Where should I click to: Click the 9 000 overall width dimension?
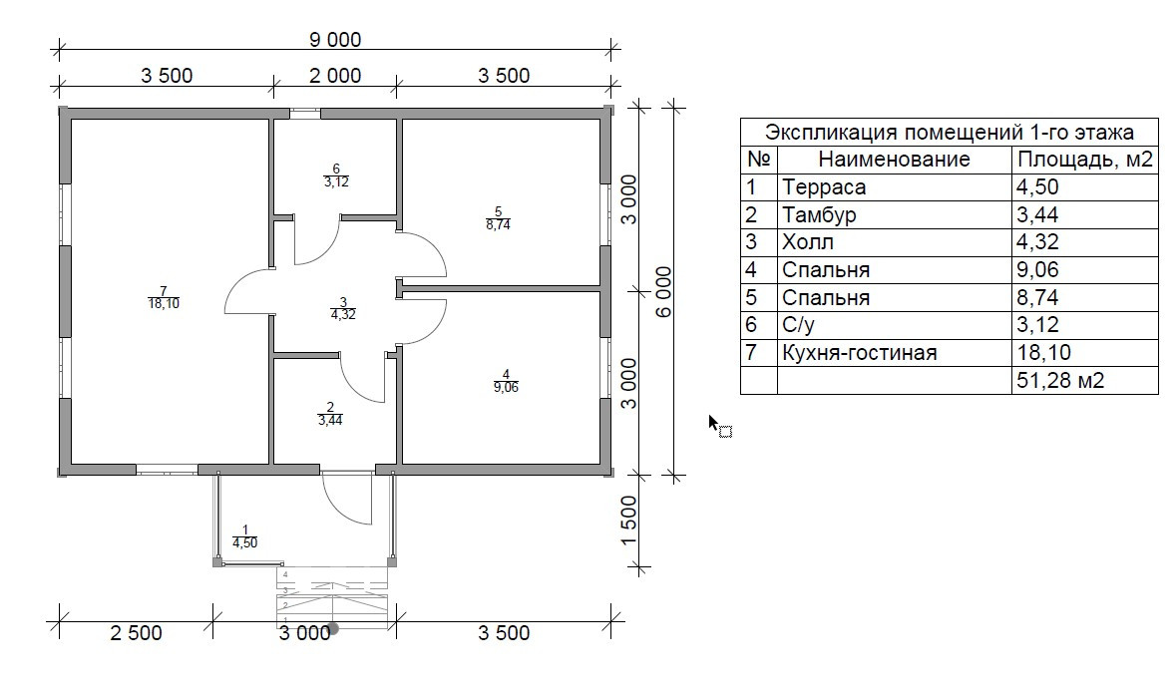(x=334, y=40)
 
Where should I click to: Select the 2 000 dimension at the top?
(x=334, y=75)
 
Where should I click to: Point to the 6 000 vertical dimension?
(x=663, y=291)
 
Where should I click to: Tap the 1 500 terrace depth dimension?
(x=628, y=521)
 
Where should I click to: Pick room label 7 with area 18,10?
(x=163, y=297)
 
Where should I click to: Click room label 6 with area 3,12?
(x=336, y=175)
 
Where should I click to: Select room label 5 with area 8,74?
(x=498, y=217)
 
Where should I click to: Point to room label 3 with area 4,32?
(x=342, y=308)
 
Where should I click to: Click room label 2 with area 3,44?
(x=330, y=414)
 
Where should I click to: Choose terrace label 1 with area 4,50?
(x=244, y=536)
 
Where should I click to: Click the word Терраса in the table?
(x=825, y=187)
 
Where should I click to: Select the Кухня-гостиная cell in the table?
(x=860, y=353)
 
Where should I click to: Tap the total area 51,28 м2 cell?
(x=1059, y=380)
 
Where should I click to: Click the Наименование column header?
(x=894, y=160)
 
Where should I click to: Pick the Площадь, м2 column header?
(x=1083, y=160)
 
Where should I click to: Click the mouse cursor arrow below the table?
(x=714, y=423)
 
